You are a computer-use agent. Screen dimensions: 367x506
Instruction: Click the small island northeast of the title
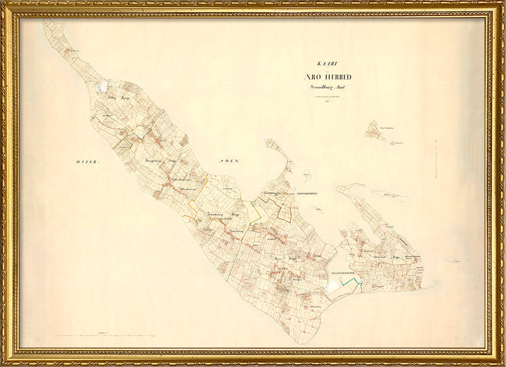[x=376, y=130]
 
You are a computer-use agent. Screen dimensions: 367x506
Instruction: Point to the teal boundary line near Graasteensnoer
[x=350, y=285]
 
